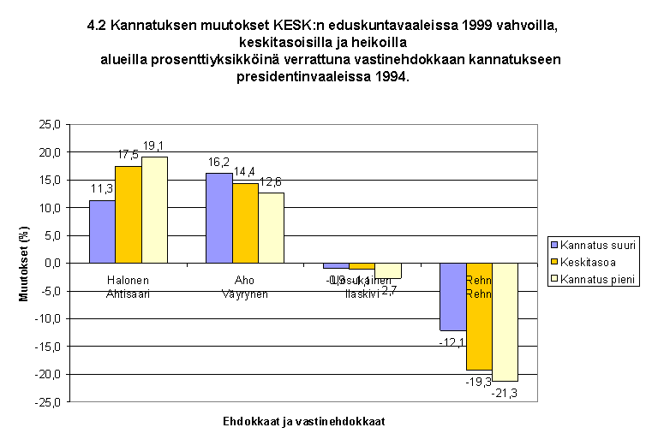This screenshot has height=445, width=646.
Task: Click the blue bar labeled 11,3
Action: (x=103, y=231)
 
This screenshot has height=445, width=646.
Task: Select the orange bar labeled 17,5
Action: (x=129, y=214)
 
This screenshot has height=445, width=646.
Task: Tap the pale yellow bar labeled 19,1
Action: (x=154, y=210)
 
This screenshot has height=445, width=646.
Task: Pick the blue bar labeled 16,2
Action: (x=218, y=217)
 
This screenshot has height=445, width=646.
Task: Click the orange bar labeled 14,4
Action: (x=244, y=222)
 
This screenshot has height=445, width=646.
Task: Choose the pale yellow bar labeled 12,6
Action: (x=270, y=228)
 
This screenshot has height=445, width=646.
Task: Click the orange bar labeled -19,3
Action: (x=479, y=316)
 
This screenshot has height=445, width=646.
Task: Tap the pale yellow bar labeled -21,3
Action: (x=505, y=322)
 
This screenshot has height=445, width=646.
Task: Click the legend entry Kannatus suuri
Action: (x=597, y=246)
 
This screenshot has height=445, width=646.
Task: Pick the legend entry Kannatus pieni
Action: (x=598, y=278)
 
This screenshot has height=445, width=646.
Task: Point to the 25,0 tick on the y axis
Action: (x=50, y=125)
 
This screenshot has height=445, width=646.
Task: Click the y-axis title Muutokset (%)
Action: (x=25, y=264)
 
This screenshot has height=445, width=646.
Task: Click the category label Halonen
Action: (x=129, y=280)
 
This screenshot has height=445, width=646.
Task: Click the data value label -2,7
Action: (x=386, y=292)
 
